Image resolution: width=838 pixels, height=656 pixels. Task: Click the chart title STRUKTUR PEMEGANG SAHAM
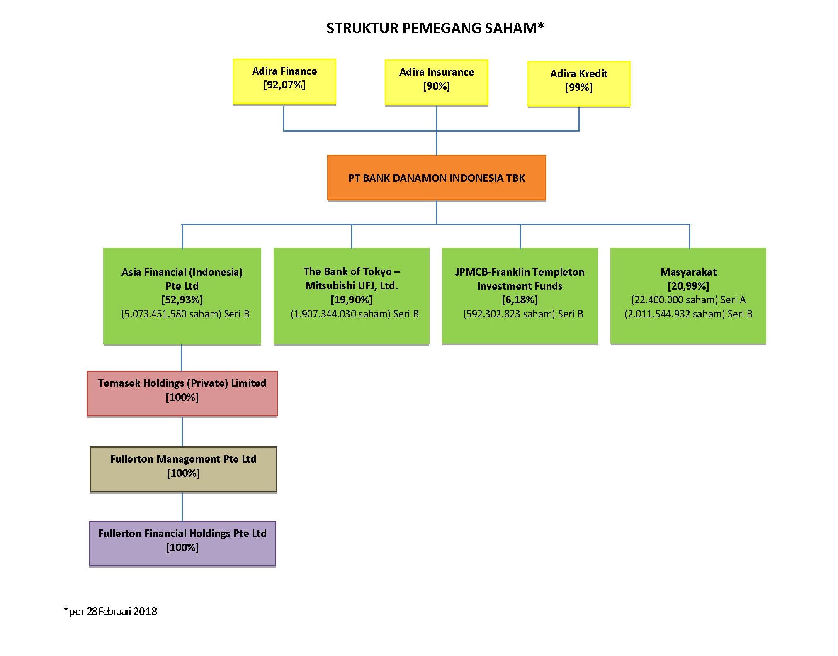pos(435,28)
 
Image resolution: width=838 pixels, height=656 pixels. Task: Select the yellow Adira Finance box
pos(284,81)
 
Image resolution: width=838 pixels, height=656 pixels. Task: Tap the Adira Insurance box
pos(436,82)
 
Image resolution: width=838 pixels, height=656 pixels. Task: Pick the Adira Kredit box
pos(579,84)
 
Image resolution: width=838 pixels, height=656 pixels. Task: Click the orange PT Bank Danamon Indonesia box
pos(436,178)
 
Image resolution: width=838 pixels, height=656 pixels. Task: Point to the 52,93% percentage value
pos(182,300)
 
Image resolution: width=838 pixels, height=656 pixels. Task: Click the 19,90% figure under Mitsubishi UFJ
pos(352,300)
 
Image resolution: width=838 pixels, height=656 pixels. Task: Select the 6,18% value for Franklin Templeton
pos(520,300)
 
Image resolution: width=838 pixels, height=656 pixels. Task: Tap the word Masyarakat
pos(688,272)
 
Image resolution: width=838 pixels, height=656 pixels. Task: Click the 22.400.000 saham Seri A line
pos(688,300)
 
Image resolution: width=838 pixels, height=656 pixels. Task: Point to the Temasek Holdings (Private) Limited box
pos(182,393)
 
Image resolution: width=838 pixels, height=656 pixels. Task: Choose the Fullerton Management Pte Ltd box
pos(183,469)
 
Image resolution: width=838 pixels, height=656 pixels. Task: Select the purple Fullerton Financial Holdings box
pos(182,544)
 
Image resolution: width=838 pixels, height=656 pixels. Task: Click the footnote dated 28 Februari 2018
pos(110,611)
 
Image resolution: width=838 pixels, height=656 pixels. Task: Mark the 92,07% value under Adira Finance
pos(284,85)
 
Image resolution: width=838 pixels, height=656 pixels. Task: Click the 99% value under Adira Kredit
pos(579,88)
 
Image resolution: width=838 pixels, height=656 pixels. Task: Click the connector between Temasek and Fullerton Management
pos(182,432)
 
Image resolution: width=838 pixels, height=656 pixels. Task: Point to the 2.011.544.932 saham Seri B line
pos(688,314)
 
